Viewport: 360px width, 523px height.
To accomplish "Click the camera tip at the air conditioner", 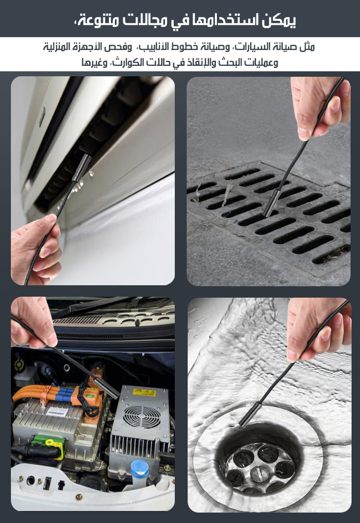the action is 82,167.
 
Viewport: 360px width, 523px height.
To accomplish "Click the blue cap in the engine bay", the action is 140,469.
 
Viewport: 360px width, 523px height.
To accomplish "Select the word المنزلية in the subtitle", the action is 58,47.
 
